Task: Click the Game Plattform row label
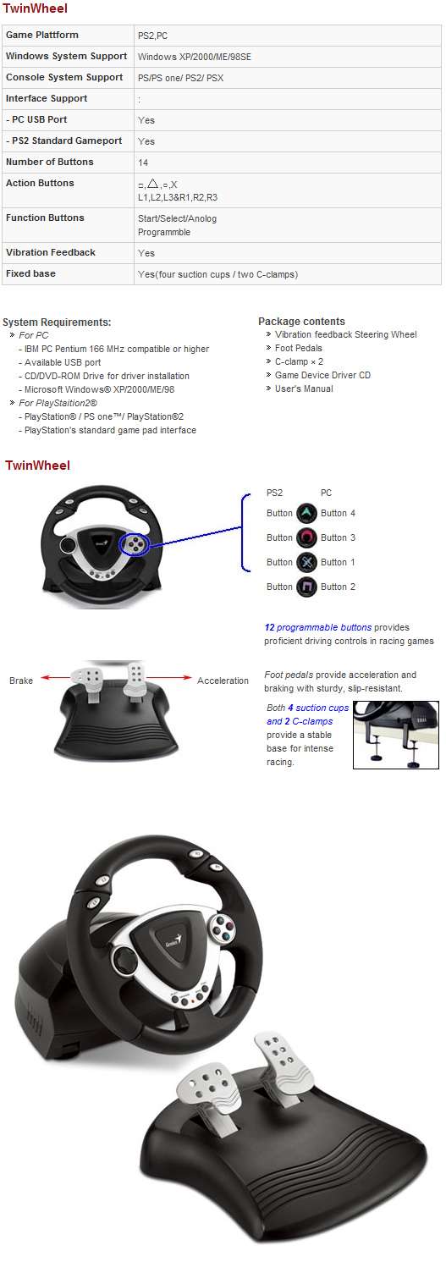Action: click(41, 36)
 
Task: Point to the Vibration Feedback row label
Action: click(50, 253)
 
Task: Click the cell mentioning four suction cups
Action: click(217, 274)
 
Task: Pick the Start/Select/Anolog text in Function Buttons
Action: click(177, 218)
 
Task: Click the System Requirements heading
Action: click(57, 322)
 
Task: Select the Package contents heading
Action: click(301, 322)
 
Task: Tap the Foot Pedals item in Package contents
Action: click(298, 349)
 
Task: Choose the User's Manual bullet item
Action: click(304, 389)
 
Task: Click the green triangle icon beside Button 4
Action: click(306, 513)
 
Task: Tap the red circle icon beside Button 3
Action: click(306, 537)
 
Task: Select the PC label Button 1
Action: click(338, 563)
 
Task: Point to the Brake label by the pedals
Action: click(21, 681)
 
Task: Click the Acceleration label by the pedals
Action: click(223, 681)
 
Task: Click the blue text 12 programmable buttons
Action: click(317, 628)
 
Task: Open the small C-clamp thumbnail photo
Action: click(395, 735)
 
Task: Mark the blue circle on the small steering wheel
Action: click(135, 544)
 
